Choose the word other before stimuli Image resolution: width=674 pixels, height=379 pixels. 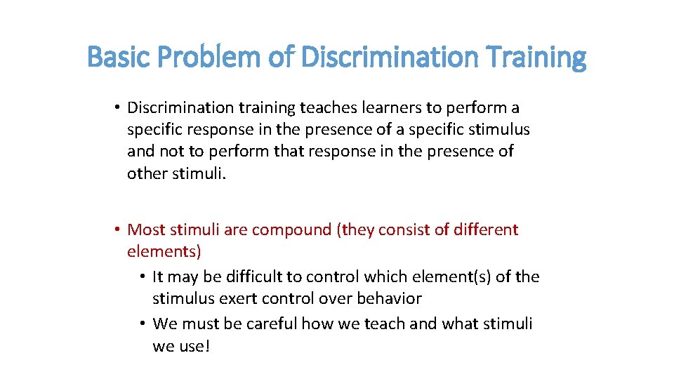click(x=147, y=173)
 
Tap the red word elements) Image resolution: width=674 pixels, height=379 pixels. click(x=164, y=251)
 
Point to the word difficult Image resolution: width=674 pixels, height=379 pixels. click(x=248, y=277)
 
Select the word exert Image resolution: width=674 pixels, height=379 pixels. click(x=239, y=298)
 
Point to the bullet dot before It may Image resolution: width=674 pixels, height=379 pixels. click(x=143, y=277)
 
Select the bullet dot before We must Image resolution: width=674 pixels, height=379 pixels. click(x=143, y=324)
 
